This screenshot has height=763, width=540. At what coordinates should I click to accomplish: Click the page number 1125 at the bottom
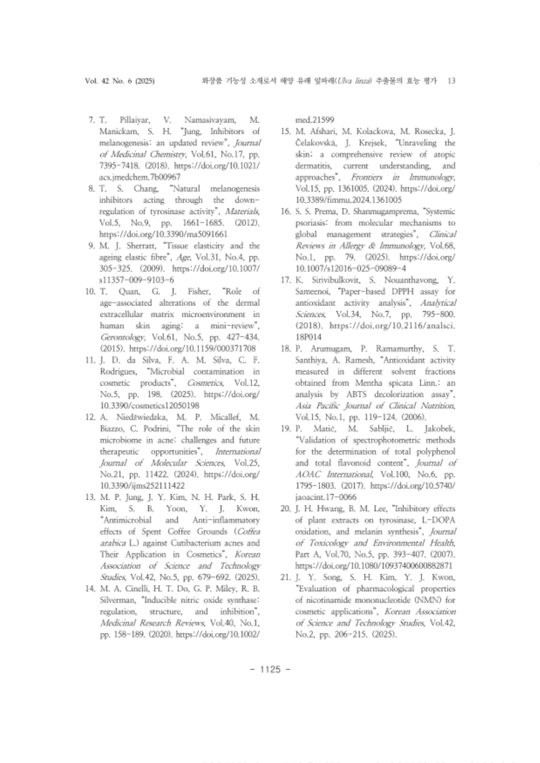pos(270,669)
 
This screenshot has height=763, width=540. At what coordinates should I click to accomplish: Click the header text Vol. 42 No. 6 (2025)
pos(120,81)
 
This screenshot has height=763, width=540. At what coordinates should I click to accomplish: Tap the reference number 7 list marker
pos(92,120)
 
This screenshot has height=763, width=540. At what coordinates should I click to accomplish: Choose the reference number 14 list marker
pos(91,588)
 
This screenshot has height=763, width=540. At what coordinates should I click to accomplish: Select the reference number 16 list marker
pos(285,212)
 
